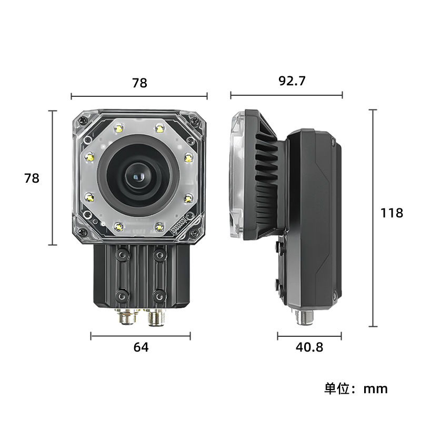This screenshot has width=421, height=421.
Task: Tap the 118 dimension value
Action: point(392,213)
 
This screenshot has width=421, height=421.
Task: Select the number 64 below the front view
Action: point(141,347)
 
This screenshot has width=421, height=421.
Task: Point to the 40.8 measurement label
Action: point(309,347)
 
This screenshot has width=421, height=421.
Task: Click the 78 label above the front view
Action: point(139,83)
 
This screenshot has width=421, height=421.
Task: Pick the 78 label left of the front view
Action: point(32,178)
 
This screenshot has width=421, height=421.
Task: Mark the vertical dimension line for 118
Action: point(373,218)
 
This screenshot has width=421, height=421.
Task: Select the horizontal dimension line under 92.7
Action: point(286,95)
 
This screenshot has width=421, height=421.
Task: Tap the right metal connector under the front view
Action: point(156,317)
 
